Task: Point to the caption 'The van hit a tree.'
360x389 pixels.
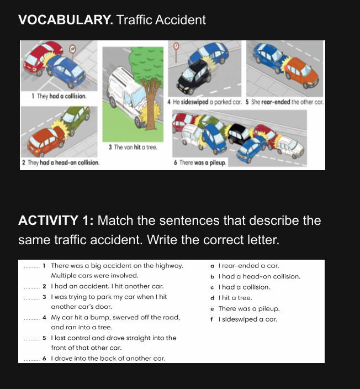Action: [x=133, y=147]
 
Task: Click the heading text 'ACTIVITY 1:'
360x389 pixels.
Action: [x=56, y=221]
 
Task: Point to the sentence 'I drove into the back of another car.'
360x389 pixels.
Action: [x=108, y=359]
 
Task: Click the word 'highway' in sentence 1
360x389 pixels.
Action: [x=168, y=266]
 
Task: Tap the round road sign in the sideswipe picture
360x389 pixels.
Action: [x=177, y=45]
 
